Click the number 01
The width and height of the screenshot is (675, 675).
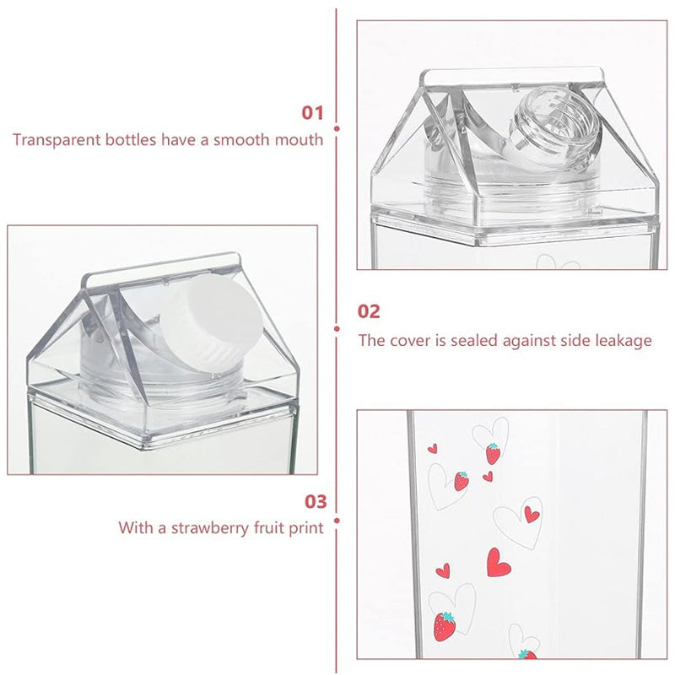(312, 112)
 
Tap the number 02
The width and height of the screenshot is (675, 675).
(370, 311)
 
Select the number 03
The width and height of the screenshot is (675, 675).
(315, 502)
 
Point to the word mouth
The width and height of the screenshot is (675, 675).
(300, 140)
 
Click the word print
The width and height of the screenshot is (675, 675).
(305, 529)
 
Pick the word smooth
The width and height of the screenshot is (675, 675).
(246, 140)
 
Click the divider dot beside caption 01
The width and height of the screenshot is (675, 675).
(337, 129)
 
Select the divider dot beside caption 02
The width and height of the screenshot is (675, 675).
(337, 328)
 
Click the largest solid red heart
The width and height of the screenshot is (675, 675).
(498, 563)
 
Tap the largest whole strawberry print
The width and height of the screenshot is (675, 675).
(444, 625)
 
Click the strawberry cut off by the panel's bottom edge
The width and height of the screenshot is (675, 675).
(526, 654)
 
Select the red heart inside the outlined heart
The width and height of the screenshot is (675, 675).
(531, 514)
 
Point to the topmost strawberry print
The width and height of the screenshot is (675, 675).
(493, 453)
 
